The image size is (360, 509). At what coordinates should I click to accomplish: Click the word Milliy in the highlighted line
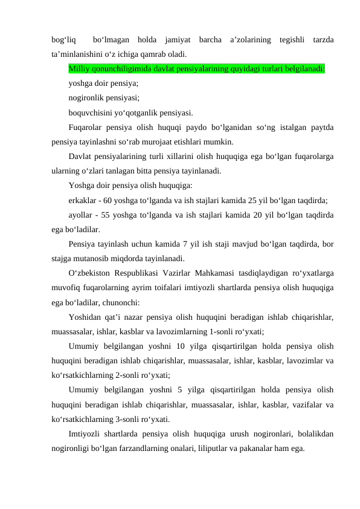[x=79, y=68]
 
